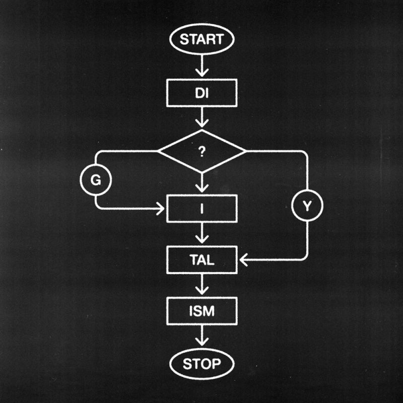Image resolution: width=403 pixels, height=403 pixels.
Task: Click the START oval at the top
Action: pos(201,39)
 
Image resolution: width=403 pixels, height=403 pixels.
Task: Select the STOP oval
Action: pos(201,364)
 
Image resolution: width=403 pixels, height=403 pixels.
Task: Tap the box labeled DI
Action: pos(201,94)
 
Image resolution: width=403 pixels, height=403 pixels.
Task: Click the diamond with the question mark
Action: pos(201,151)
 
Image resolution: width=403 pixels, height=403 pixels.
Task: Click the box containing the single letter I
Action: pos(201,209)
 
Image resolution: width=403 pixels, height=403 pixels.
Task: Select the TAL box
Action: pos(201,260)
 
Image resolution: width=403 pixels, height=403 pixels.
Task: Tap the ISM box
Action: pos(201,311)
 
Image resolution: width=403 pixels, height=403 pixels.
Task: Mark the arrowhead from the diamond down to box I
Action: pos(201,187)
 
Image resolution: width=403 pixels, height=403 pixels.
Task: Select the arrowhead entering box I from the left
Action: pos(161,209)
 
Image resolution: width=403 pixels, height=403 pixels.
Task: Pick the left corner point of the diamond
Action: pos(158,151)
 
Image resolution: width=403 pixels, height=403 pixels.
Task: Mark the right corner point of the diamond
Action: pos(245,151)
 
